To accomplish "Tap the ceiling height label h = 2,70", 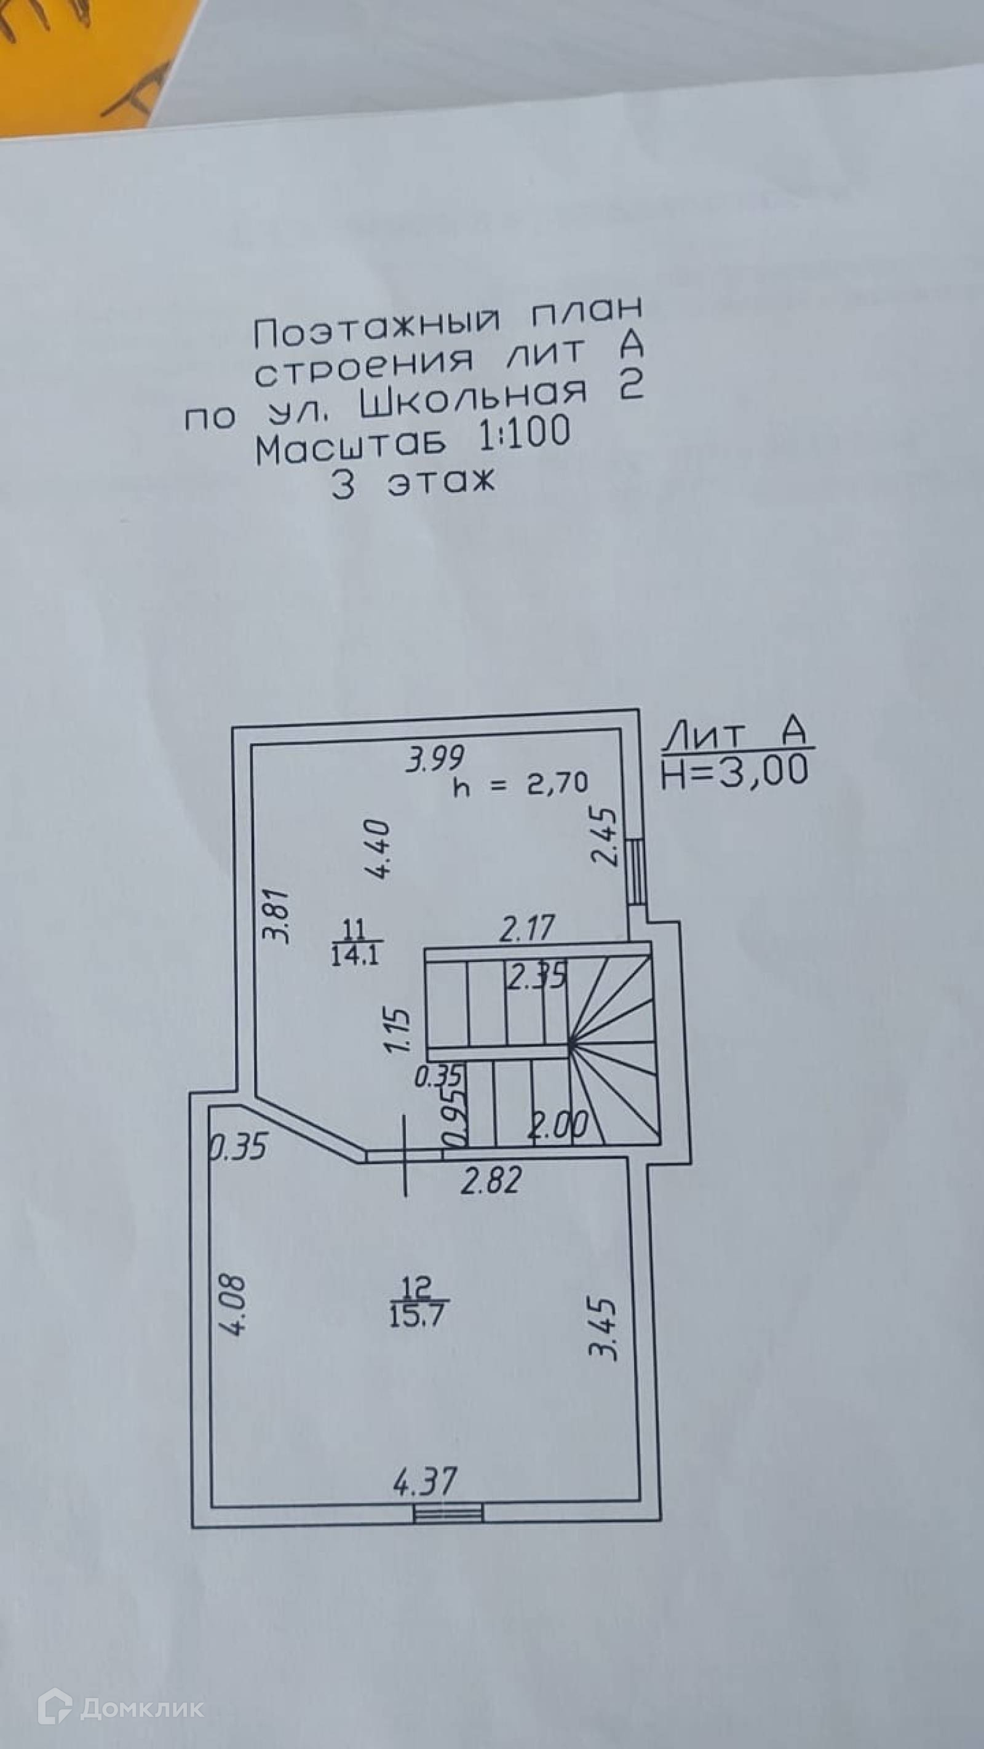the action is tap(521, 784).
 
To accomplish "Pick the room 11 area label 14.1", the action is tap(356, 955).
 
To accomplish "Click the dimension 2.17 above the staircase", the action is tap(527, 928).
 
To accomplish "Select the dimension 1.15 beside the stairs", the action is tap(398, 1031).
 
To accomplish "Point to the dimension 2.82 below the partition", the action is tap(491, 1181).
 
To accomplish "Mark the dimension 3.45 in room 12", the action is tap(604, 1330).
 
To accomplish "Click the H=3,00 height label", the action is tap(735, 771).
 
